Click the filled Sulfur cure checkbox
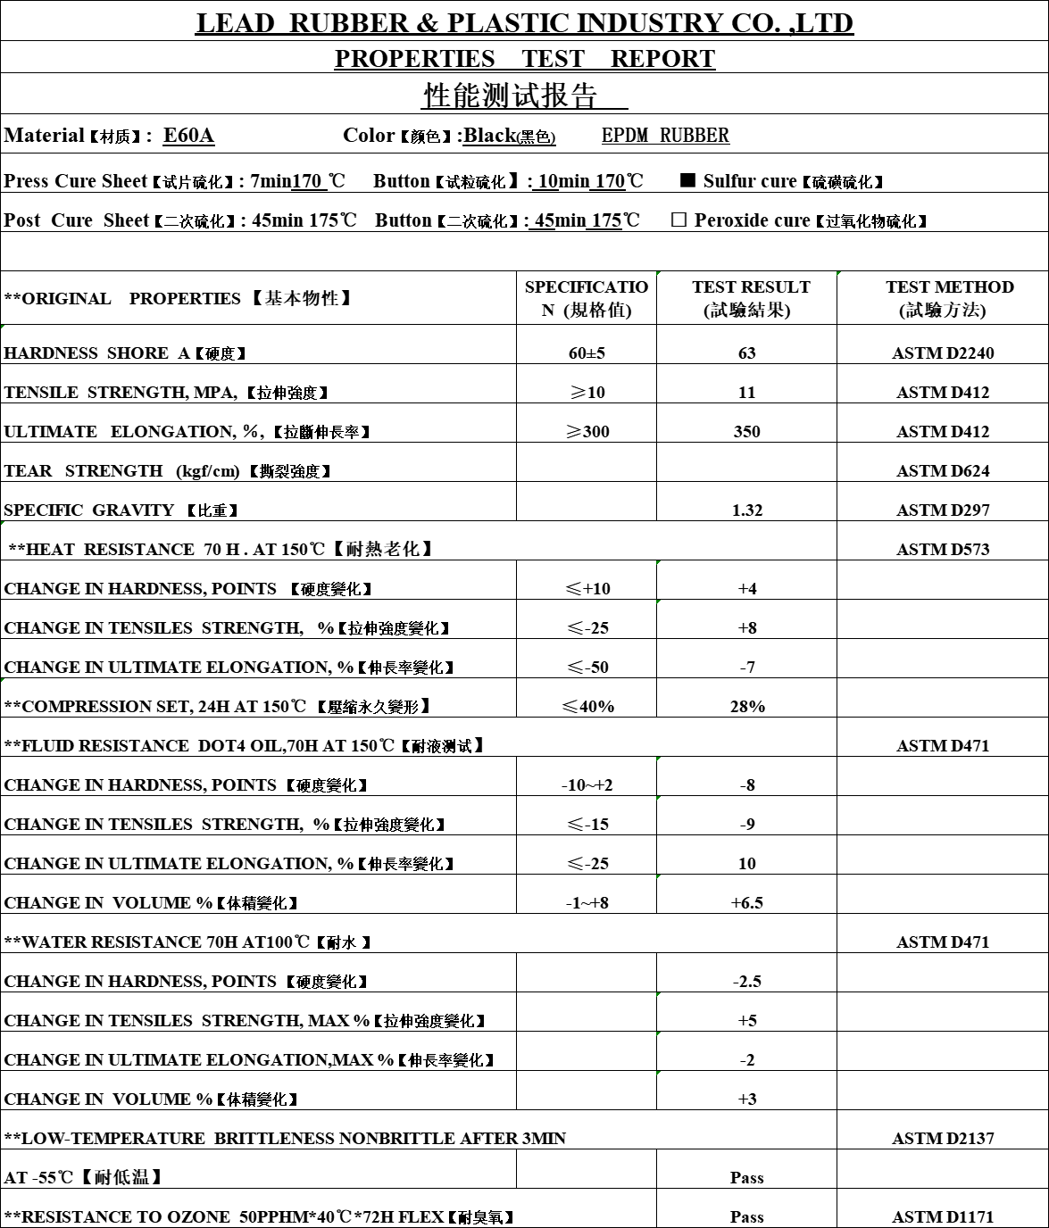[x=687, y=180]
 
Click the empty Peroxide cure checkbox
[x=679, y=220]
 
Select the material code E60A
[x=188, y=136]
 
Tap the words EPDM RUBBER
[x=665, y=136]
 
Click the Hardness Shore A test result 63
[x=747, y=353]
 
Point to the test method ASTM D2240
[x=943, y=353]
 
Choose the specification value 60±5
[x=587, y=353]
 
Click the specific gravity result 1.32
[x=747, y=510]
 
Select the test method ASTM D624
[x=943, y=470]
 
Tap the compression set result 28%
[x=747, y=706]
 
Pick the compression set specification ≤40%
[x=587, y=706]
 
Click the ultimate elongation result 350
[x=747, y=431]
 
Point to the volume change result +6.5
[x=747, y=902]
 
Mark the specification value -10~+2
[x=587, y=784]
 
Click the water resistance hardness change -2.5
[x=747, y=981]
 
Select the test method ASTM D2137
[x=943, y=1138]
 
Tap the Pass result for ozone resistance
[x=747, y=1216]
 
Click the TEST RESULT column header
[x=751, y=298]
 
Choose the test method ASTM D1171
[x=943, y=1216]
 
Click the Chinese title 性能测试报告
[x=510, y=95]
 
